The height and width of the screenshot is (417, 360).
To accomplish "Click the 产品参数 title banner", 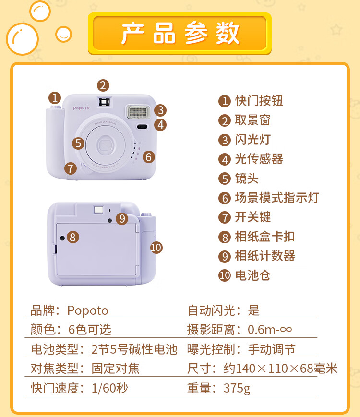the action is point(180,33).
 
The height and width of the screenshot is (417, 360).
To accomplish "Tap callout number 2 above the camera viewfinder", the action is point(103,85).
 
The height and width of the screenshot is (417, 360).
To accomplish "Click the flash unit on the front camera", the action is point(138,111).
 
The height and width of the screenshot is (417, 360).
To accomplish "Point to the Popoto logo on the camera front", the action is point(81,108).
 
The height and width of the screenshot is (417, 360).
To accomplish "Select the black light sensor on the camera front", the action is point(142,126).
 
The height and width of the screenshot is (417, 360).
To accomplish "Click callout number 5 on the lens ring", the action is point(78,143).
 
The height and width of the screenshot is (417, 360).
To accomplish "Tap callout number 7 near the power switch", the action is point(71,168).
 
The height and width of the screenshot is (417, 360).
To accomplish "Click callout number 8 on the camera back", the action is point(73,237).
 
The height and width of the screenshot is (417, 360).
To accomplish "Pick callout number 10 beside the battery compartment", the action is point(156,248).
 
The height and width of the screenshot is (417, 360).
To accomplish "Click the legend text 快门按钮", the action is point(259,101).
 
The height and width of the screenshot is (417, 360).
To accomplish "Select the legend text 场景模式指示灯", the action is point(276,198).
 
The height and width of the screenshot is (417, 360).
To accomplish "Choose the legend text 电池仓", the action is point(253,275).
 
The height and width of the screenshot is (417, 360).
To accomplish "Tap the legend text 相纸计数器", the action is point(265,256).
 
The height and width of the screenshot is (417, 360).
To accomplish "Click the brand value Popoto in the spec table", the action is point(88,310).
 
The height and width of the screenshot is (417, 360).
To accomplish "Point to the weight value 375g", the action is point(237,388).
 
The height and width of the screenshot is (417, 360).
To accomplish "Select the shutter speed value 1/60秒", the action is point(109,388).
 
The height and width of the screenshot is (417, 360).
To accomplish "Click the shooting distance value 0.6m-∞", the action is point(270,330).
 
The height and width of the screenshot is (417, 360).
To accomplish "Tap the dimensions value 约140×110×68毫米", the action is point(280,369).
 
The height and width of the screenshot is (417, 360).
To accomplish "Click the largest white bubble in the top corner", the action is point(23,39).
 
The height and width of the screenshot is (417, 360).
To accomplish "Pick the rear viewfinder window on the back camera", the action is point(98,210).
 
